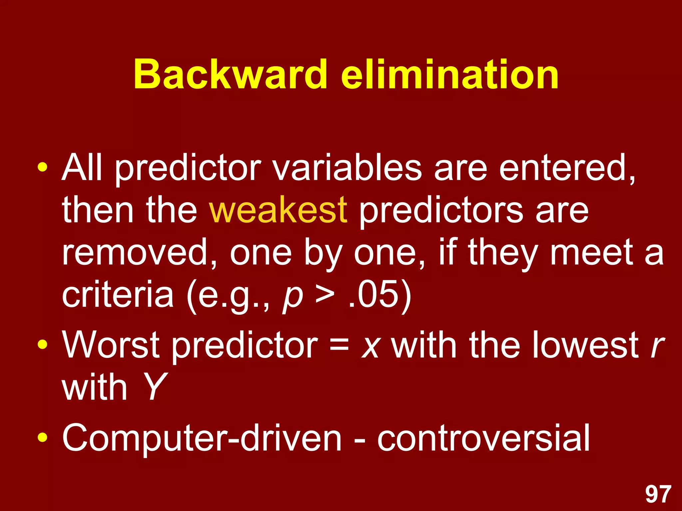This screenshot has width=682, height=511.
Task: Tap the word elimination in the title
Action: [x=450, y=74]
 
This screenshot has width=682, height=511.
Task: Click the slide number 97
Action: [x=658, y=494]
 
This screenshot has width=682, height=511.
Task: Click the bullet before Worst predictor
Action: [x=42, y=344]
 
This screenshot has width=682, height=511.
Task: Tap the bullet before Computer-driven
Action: [x=42, y=437]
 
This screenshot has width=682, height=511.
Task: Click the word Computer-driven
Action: [x=202, y=438]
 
